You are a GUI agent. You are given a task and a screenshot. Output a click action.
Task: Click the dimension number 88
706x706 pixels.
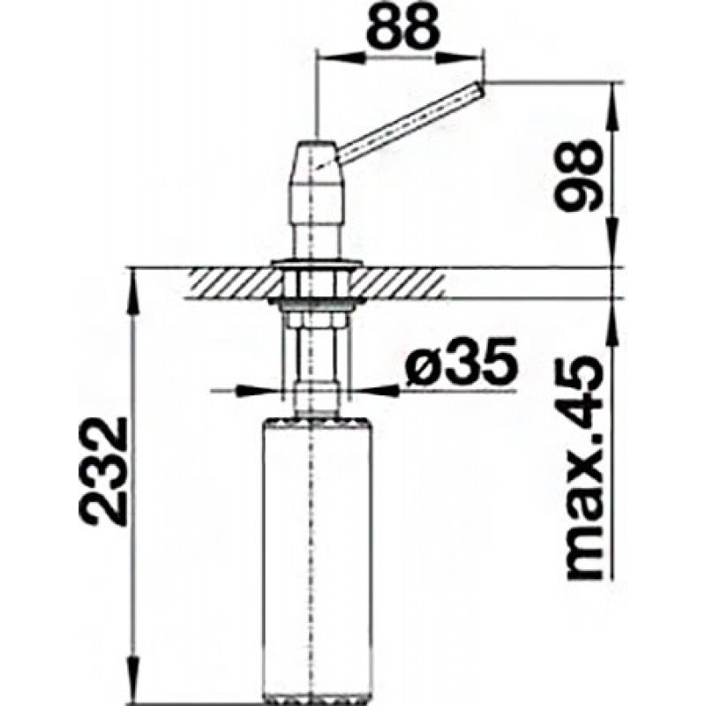coord(402,28)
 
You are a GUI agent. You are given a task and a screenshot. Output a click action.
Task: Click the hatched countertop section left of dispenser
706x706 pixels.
coord(233,283)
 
